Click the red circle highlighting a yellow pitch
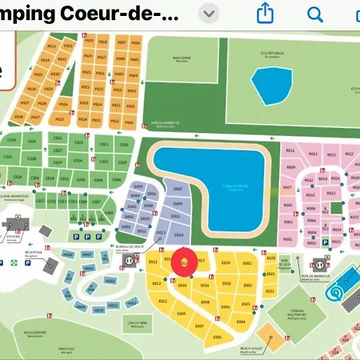point(186,260)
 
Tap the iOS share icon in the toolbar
point(265,14)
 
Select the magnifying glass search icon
point(315,14)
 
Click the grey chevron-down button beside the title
point(209,14)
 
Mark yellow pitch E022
point(270,292)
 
